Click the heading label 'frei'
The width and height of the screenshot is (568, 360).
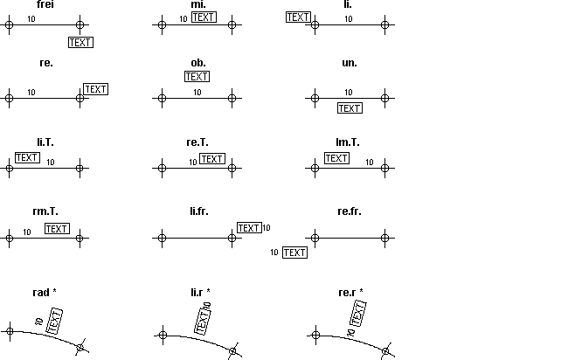pyautogui.click(x=45, y=4)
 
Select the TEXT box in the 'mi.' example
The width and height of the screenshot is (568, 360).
pyautogui.click(x=204, y=17)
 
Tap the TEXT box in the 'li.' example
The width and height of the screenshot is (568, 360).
pyautogui.click(x=299, y=17)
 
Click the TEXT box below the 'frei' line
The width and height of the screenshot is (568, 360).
pyautogui.click(x=80, y=42)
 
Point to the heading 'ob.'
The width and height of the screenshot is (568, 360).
pyautogui.click(x=198, y=63)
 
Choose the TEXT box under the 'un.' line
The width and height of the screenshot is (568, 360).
pyautogui.click(x=350, y=108)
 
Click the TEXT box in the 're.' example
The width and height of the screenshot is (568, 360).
pyautogui.click(x=95, y=89)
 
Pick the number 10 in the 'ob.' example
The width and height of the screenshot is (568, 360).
pyautogui.click(x=197, y=93)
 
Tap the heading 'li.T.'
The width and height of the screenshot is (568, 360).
pyautogui.click(x=45, y=142)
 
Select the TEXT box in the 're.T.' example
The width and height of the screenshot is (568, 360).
pyautogui.click(x=212, y=159)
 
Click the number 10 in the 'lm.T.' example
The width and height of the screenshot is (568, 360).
pyautogui.click(x=369, y=163)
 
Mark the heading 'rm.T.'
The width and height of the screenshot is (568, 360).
pyautogui.click(x=45, y=211)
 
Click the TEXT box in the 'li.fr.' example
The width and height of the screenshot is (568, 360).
pyautogui.click(x=249, y=228)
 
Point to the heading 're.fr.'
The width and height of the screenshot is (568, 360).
pyautogui.click(x=350, y=211)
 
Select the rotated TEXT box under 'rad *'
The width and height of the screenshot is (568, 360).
pyautogui.click(x=55, y=322)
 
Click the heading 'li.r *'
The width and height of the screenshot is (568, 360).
pyautogui.click(x=200, y=292)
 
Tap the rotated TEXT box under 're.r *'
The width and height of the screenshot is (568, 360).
pyautogui.click(x=358, y=314)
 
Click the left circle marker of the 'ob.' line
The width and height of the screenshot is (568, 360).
pyautogui.click(x=163, y=98)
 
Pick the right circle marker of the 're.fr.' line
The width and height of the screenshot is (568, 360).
pyautogui.click(x=385, y=238)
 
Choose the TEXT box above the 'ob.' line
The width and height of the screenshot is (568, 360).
pyautogui.click(x=197, y=76)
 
